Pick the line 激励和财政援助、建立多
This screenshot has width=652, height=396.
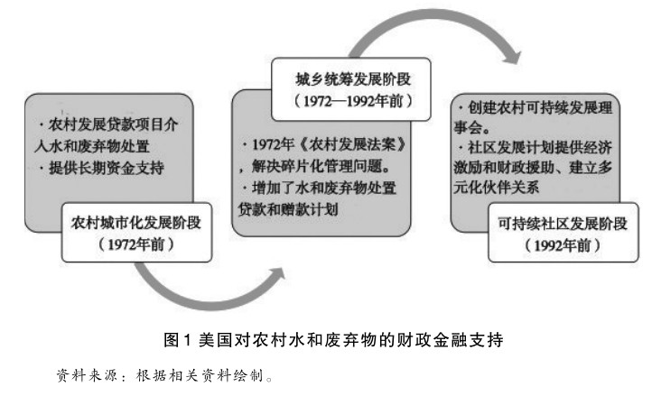[x=541, y=167]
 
